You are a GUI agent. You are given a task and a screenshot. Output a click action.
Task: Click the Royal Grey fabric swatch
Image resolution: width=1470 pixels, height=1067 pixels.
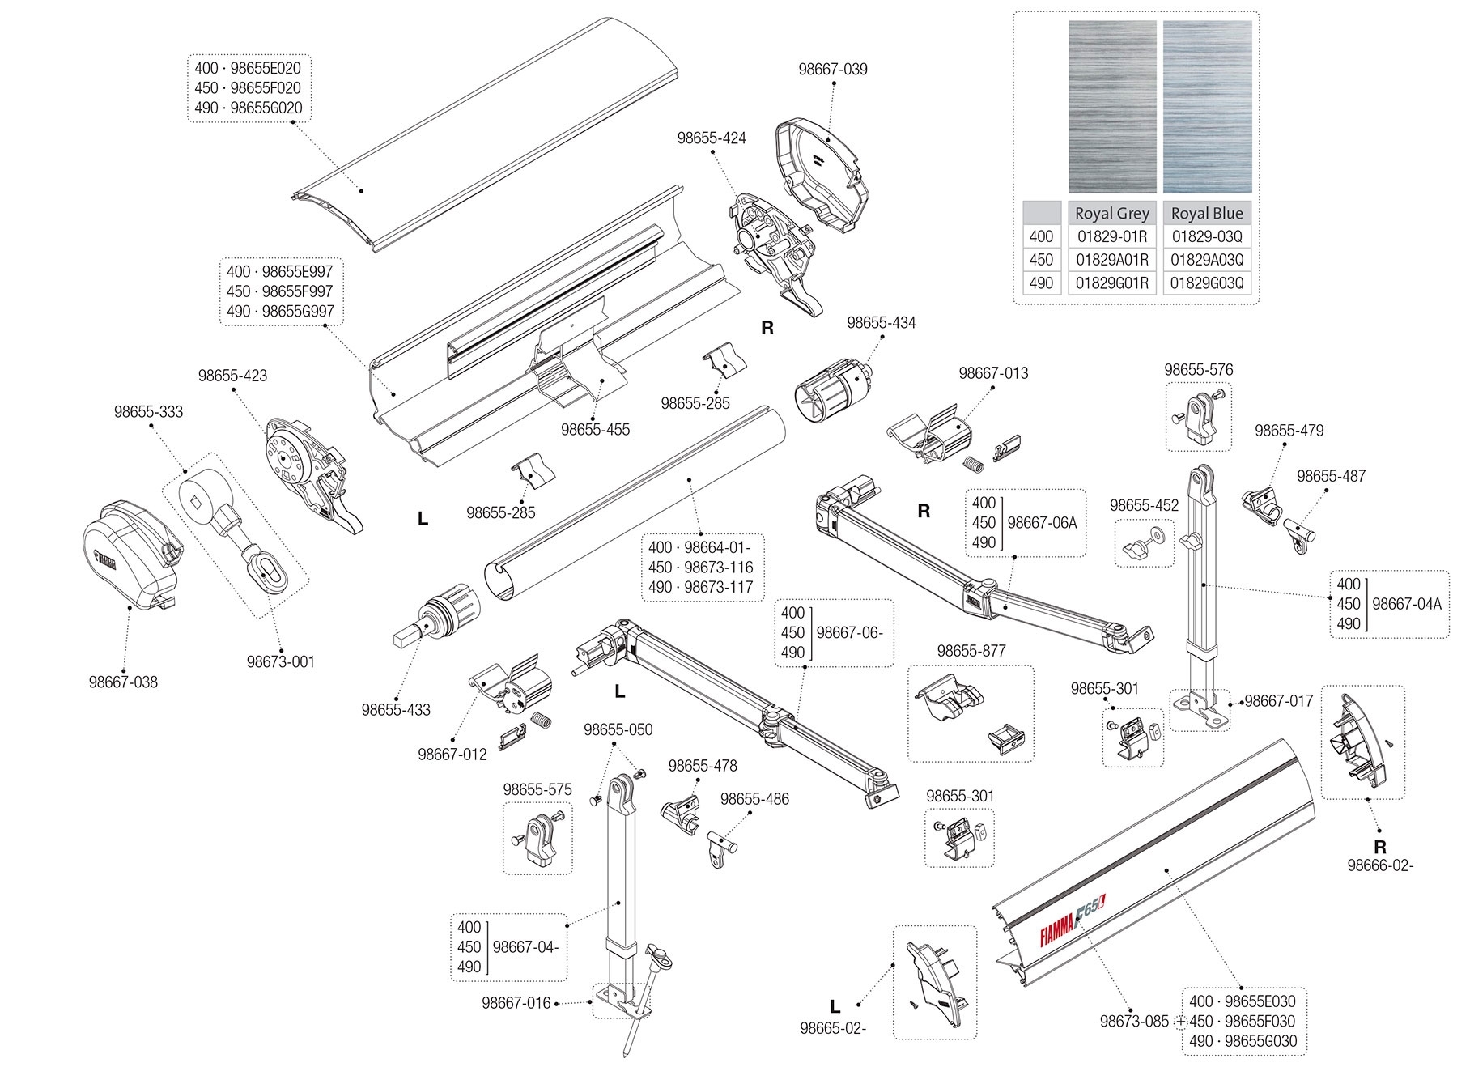[1112, 106]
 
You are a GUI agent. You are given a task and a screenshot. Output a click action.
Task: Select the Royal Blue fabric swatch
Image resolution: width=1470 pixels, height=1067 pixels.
[1207, 106]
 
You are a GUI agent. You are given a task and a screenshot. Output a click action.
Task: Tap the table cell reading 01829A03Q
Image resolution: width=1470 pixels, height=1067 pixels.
[1207, 260]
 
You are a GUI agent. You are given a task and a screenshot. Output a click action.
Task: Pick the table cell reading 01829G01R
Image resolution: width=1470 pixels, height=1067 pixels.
[1112, 283]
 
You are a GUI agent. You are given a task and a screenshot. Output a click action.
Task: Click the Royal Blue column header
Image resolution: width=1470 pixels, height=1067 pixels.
[1207, 213]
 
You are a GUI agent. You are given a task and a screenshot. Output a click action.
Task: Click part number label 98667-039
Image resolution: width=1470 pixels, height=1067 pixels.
[833, 70]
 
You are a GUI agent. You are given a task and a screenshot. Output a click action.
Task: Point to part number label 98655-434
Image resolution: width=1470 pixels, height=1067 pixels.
[882, 323]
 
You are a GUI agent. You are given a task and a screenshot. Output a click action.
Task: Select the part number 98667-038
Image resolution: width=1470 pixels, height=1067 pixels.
[123, 682]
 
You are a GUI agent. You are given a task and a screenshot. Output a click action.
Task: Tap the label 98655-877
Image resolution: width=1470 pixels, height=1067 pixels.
[971, 651]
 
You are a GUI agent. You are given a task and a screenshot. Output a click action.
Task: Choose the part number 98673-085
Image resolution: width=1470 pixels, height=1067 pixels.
[1134, 1021]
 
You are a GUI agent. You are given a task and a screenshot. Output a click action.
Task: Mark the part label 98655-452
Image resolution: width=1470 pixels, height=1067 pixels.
[1144, 505]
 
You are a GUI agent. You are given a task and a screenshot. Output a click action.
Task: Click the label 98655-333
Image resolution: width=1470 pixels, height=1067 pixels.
[148, 412]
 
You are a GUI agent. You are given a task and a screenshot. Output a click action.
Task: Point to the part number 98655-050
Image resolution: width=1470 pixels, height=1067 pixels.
[618, 729]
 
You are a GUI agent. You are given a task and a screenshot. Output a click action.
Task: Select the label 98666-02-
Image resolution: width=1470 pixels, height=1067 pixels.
[1380, 865]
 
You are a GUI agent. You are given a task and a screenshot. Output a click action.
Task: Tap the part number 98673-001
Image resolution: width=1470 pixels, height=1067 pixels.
[281, 661]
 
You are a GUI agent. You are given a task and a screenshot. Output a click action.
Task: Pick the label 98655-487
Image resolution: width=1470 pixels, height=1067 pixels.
[1331, 476]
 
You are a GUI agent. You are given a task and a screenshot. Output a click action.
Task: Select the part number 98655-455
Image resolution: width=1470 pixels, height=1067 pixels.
[595, 430]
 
